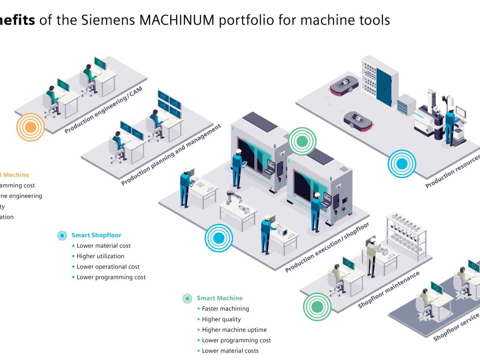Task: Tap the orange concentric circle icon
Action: tap(30, 127)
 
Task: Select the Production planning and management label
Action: tap(171, 155)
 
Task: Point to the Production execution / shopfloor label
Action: tap(327, 247)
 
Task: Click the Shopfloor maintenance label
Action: tap(389, 290)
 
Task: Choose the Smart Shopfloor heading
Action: tap(96, 235)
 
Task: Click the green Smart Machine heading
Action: tap(220, 298)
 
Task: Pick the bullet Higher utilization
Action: tap(100, 256)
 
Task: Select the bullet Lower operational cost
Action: tap(108, 267)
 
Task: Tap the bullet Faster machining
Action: tap(225, 309)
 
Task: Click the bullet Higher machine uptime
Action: tap(234, 330)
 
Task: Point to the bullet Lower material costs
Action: tap(230, 351)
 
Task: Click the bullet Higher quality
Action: tap(221, 319)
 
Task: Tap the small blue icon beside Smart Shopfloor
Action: tap(62, 236)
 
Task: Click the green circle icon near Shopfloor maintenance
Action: tap(317, 307)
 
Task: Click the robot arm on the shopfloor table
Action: tap(236, 202)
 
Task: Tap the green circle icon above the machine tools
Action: tap(302, 141)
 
